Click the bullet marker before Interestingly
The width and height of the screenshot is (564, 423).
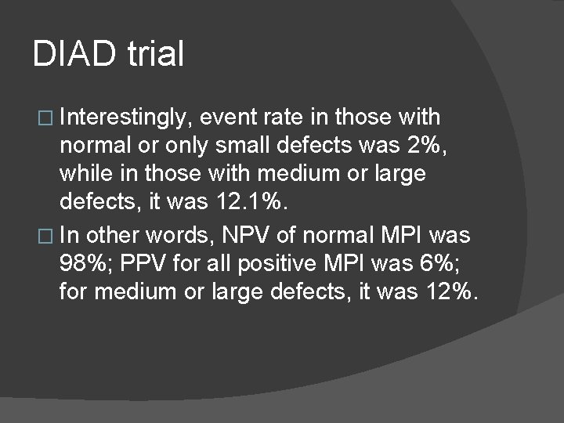pos(45,118)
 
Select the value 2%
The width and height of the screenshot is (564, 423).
pos(428,146)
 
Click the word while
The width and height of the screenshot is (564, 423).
pos(85,173)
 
